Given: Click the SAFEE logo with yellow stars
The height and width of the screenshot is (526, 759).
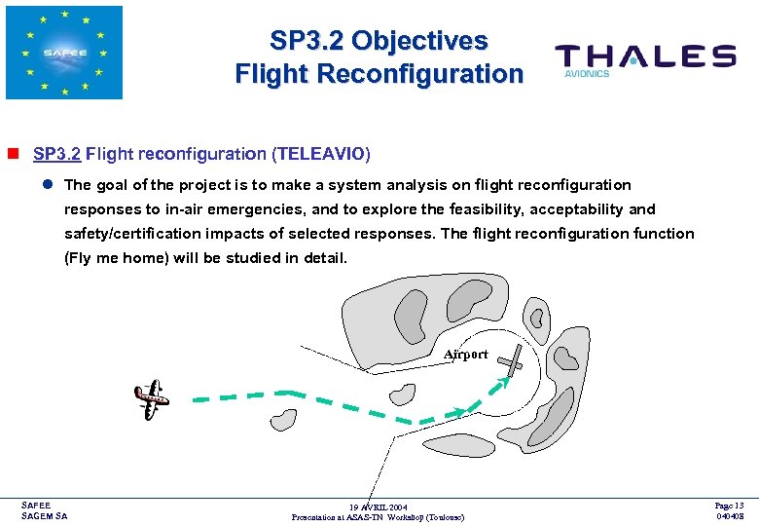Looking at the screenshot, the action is click(64, 53).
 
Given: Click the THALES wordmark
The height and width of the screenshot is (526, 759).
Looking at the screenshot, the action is click(645, 56).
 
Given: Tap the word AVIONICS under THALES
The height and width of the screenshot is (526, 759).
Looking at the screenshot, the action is click(587, 74).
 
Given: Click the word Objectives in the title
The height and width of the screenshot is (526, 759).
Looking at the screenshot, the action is click(419, 41).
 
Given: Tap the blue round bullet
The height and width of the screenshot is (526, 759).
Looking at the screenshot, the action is click(46, 184).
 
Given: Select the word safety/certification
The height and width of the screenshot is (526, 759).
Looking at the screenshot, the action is click(126, 234).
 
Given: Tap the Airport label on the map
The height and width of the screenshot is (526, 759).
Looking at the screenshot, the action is click(466, 355).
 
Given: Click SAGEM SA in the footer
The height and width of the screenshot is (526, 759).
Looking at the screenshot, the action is click(45, 516).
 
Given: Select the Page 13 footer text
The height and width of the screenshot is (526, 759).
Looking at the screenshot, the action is click(729, 506).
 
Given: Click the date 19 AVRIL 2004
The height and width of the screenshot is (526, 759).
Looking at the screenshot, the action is click(379, 507).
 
